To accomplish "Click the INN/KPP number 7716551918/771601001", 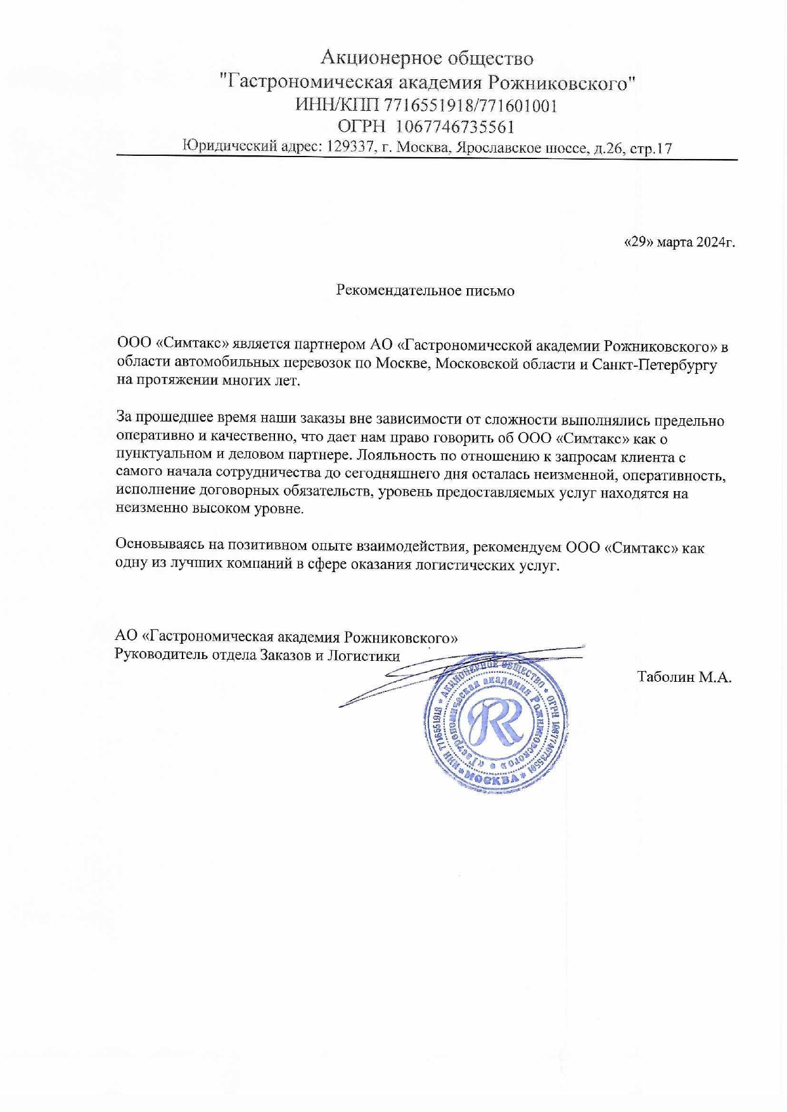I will click(471, 105).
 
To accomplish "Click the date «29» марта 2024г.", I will click(680, 242).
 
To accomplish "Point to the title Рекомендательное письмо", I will click(425, 291).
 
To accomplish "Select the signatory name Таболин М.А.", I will click(684, 677).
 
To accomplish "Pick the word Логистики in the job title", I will click(363, 656).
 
